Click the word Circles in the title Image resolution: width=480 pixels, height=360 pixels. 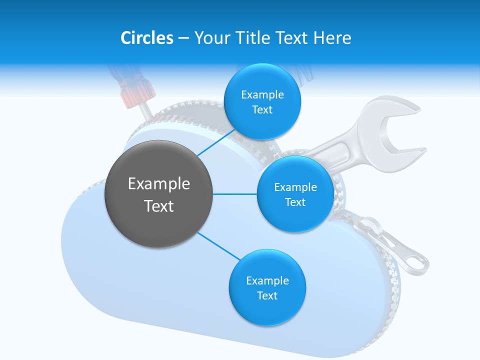pyautogui.click(x=147, y=38)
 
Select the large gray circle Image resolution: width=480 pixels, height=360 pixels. pyautogui.click(x=158, y=194)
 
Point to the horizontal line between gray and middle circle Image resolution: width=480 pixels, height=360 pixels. pyautogui.click(x=234, y=194)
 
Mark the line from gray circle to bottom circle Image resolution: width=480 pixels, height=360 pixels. pyautogui.click(x=218, y=246)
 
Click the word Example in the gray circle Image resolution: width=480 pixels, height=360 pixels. pyautogui.click(x=158, y=184)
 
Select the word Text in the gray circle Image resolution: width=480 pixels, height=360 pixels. pyautogui.click(x=158, y=206)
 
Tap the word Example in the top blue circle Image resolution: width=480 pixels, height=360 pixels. pyautogui.click(x=262, y=95)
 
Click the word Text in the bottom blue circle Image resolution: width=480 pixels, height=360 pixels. pyautogui.click(x=267, y=296)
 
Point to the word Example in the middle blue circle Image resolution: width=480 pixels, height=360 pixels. pyautogui.click(x=295, y=187)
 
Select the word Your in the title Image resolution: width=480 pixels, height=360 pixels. pyautogui.click(x=212, y=38)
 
